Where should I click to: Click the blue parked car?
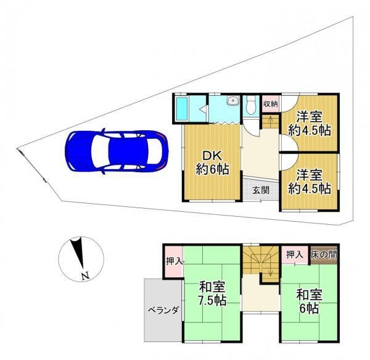tap(117, 151)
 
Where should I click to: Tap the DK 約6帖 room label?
tap(212, 163)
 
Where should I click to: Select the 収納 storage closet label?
tap(270, 104)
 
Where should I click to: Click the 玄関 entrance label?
tap(261, 190)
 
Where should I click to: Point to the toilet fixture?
tap(250, 106)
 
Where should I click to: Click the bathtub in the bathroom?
tap(182, 109)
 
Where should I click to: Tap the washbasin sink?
tap(233, 101)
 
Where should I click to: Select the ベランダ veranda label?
tap(163, 310)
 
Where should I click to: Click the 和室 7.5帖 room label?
tap(213, 294)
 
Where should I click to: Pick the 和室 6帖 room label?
tap(310, 301)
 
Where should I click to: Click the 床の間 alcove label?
tap(324, 254)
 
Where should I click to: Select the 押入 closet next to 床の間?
tap(295, 254)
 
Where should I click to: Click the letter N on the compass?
tap(85, 275)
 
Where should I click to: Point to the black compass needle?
tap(78, 253)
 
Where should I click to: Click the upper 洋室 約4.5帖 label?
tap(310, 123)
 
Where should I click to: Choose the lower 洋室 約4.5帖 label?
tap(310, 182)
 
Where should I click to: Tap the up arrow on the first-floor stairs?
tap(271, 119)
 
